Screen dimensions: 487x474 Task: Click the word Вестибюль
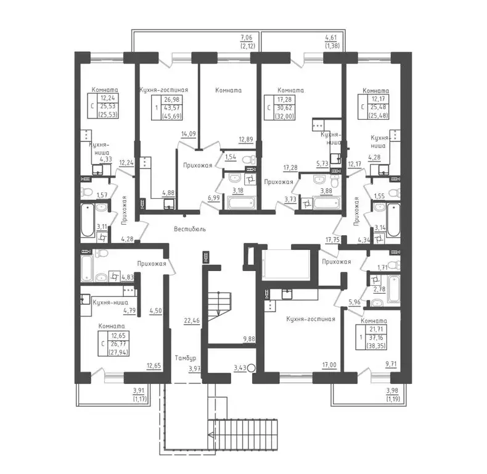click(x=190, y=229)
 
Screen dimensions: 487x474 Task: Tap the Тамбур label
click(x=186, y=358)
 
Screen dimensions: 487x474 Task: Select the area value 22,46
click(x=192, y=320)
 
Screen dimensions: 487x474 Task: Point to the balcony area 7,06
click(x=247, y=38)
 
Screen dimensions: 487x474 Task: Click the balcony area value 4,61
click(x=331, y=38)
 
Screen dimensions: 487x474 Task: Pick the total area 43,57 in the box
click(x=171, y=107)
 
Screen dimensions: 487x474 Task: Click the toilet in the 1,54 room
click(x=249, y=160)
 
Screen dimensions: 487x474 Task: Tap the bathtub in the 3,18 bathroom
click(x=241, y=203)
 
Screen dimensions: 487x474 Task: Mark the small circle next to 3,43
click(x=252, y=368)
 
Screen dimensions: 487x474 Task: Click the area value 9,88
click(x=249, y=338)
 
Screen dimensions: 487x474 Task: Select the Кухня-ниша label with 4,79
click(x=110, y=302)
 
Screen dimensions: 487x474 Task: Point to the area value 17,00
click(x=329, y=365)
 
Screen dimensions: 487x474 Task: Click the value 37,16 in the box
click(x=376, y=338)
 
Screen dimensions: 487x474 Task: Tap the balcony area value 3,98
click(x=392, y=391)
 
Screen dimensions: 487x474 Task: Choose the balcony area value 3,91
click(x=139, y=391)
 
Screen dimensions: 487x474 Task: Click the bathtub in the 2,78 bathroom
click(x=393, y=289)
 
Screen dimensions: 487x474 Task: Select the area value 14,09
click(x=188, y=134)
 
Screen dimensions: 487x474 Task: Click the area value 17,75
click(x=332, y=240)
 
